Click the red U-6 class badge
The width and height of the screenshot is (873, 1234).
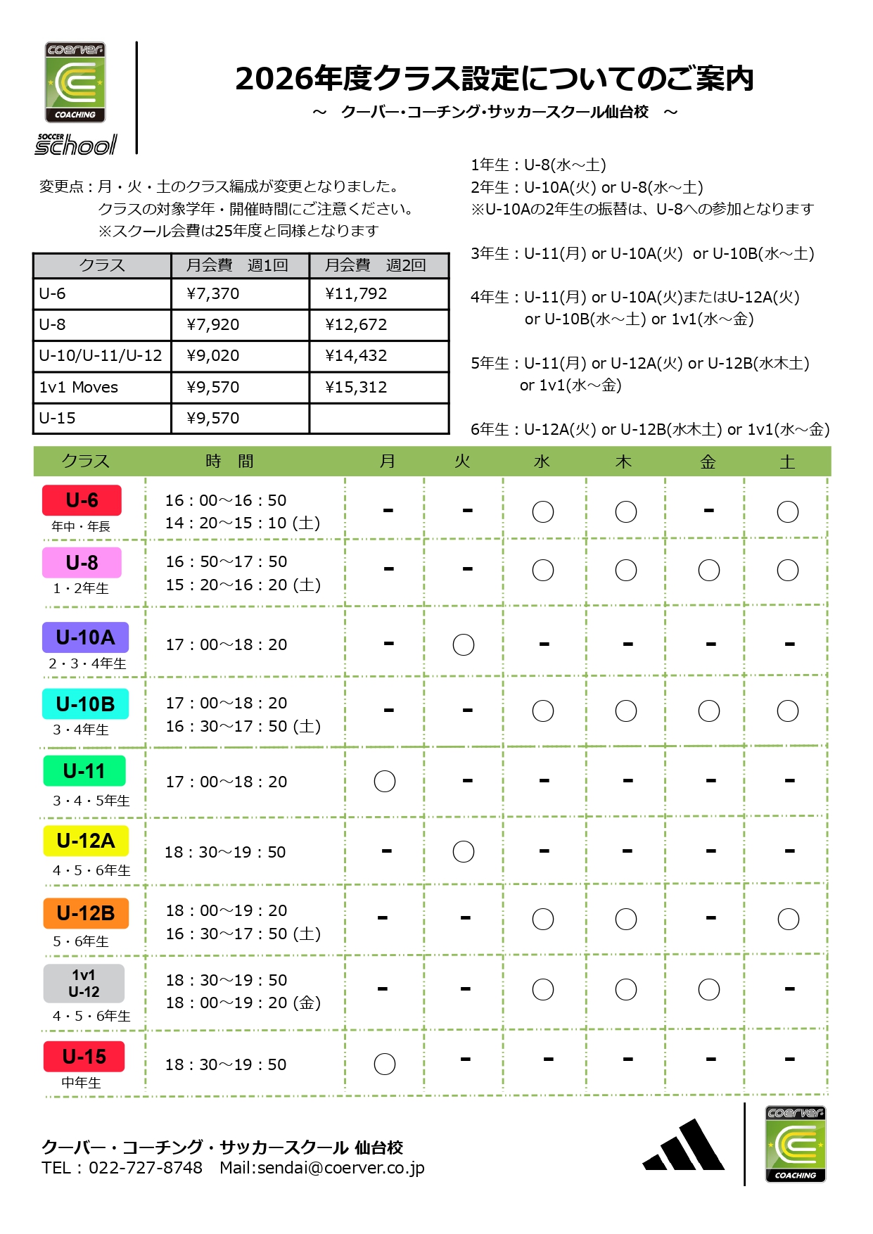[x=82, y=500]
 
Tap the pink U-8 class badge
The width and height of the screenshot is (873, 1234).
[x=82, y=563]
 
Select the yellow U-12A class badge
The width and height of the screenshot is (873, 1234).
[x=86, y=841]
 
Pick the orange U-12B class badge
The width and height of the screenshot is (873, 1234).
[x=86, y=913]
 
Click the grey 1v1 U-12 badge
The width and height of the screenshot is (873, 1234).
[x=84, y=984]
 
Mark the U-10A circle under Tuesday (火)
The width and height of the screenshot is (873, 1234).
[x=464, y=644]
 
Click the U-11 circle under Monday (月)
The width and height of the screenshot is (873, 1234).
[x=385, y=781]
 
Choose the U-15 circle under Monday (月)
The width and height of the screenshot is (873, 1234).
[x=385, y=1064]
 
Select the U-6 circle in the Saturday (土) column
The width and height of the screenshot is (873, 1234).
[x=788, y=511]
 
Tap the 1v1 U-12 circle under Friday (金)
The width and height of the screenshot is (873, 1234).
[x=709, y=989]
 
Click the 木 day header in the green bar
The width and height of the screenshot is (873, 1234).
[x=624, y=462]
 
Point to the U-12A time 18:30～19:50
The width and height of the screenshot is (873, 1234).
[x=225, y=852]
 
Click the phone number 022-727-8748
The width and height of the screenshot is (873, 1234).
[x=146, y=1168]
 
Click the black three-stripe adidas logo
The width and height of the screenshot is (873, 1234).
[x=684, y=1147]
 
